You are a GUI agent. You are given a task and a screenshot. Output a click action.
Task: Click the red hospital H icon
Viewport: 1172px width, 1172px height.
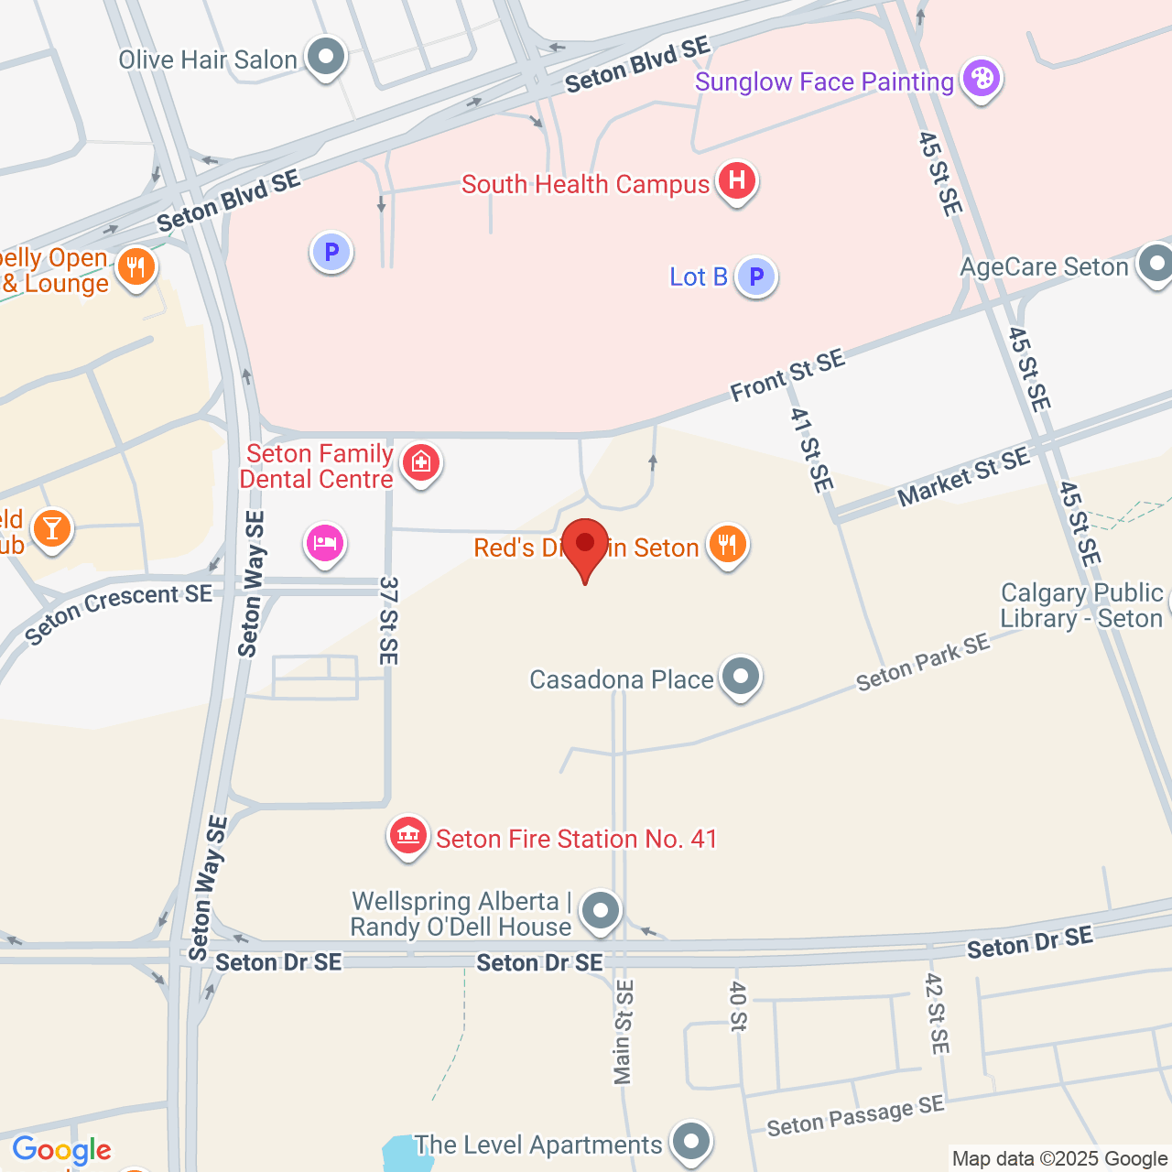pos(737,180)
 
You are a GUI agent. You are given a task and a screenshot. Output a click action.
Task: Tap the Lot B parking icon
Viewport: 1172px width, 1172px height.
pos(756,276)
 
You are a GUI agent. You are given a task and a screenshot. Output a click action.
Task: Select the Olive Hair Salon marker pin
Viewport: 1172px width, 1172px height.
pos(325,58)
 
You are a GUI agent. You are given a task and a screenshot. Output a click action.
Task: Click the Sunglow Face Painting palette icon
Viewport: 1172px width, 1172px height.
pos(981,79)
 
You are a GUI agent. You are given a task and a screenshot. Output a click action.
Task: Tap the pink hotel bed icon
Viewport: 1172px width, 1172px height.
pos(325,544)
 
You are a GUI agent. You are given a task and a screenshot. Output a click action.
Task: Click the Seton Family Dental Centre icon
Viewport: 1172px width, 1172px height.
pos(421,463)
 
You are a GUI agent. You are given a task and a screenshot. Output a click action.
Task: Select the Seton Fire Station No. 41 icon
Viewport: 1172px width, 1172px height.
pos(408,836)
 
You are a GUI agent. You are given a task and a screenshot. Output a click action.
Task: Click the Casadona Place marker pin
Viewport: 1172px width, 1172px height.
pos(740,678)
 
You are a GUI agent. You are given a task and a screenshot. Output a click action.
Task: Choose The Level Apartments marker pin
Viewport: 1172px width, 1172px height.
pos(690,1142)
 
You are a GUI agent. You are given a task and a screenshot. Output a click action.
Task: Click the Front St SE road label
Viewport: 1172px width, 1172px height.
pos(787,375)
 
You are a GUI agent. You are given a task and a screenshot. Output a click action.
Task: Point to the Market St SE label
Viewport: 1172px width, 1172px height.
pos(963,477)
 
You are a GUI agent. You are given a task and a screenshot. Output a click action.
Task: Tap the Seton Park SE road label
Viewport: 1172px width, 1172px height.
pos(923,662)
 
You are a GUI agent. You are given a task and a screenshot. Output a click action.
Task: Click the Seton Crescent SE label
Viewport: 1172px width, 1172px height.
pos(118,613)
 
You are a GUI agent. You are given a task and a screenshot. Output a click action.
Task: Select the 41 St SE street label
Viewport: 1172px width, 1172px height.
pos(812,450)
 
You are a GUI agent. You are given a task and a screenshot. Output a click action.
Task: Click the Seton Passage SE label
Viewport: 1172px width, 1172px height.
pos(855,1115)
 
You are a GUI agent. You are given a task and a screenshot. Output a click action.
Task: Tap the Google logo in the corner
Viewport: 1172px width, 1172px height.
pos(61,1150)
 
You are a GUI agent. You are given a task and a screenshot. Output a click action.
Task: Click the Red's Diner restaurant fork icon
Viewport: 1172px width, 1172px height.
pos(727,545)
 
